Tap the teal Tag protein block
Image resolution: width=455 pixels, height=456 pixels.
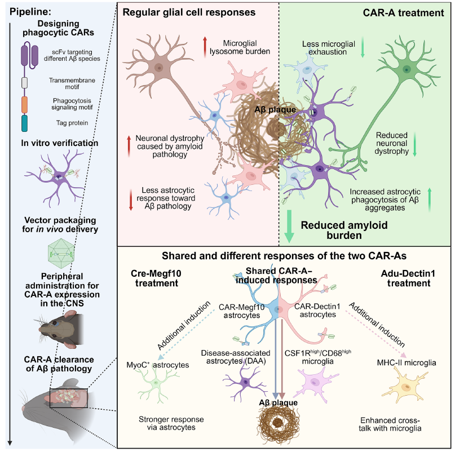24,123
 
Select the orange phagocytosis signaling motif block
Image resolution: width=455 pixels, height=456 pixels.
24,104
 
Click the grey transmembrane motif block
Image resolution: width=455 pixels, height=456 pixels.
24,83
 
